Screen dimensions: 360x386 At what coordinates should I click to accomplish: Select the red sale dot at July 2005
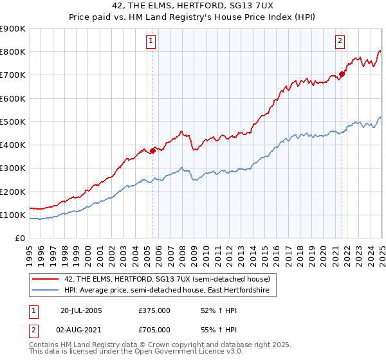pyautogui.click(x=153, y=151)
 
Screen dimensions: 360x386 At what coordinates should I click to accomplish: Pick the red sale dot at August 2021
pyautogui.click(x=342, y=74)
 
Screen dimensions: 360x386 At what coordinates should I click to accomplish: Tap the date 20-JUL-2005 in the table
pyautogui.click(x=81, y=310)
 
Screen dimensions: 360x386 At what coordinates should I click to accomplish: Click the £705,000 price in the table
pyautogui.click(x=154, y=330)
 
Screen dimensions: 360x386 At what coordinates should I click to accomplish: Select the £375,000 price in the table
pyautogui.click(x=154, y=310)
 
